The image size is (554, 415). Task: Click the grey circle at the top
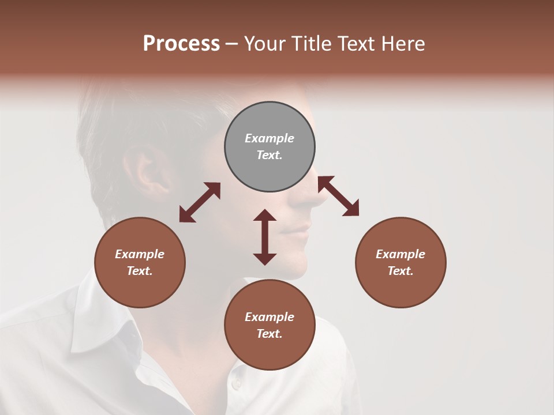(x=269, y=147)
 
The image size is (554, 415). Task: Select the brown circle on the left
(x=140, y=262)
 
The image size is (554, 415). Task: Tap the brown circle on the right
(x=400, y=262)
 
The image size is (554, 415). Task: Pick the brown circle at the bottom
(x=269, y=325)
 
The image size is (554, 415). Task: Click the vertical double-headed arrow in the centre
(x=265, y=237)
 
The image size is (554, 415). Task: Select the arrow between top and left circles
(x=200, y=202)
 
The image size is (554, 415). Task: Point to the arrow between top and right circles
(x=338, y=196)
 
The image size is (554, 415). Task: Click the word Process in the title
(x=181, y=43)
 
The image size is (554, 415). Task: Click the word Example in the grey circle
(x=269, y=138)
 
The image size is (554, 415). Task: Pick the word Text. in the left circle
(x=140, y=271)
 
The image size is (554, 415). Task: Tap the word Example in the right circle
(x=400, y=254)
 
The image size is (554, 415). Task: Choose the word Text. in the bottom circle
(x=269, y=334)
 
